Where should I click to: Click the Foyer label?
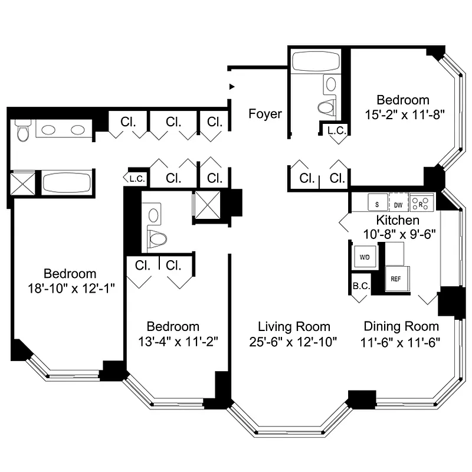pos(265,114)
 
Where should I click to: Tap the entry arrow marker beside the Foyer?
pos(232,87)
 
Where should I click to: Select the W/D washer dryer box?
pos(364,257)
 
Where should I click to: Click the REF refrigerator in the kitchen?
pos(395,278)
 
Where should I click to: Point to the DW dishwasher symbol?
pos(398,204)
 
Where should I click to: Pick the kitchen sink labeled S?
pos(377,204)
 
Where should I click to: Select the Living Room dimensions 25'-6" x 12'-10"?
pos(294,342)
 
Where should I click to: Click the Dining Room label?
pos(401,326)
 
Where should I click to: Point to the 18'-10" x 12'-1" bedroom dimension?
pos(70,289)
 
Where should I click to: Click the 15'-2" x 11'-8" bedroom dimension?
pos(404,115)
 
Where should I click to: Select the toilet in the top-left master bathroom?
pos(23,132)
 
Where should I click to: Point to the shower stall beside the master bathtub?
pos(24,183)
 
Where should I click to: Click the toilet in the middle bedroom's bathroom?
pos(156,238)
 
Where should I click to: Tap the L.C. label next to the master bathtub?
pos(134,178)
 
